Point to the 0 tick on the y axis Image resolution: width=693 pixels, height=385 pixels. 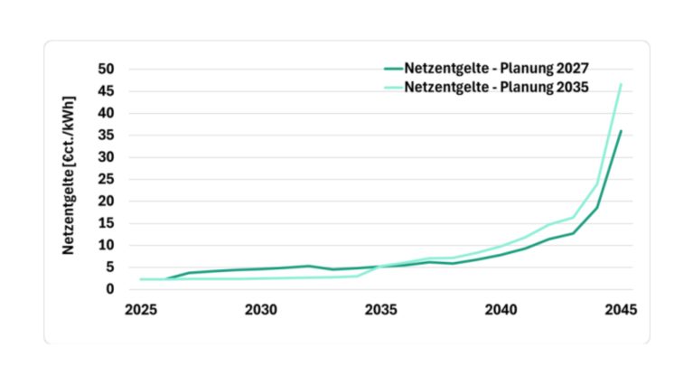pyautogui.click(x=109, y=289)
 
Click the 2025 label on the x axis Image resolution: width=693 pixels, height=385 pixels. pyautogui.click(x=140, y=309)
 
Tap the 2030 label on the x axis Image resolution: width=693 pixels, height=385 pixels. pyautogui.click(x=260, y=309)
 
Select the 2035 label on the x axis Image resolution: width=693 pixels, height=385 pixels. pyautogui.click(x=380, y=309)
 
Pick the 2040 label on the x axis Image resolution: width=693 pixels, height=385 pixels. pyautogui.click(x=501, y=309)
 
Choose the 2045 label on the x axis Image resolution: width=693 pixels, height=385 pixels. pyautogui.click(x=621, y=309)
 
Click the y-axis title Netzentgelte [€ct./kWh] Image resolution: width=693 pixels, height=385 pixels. pyautogui.click(x=69, y=174)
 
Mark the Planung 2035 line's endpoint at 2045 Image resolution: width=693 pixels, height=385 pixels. pyautogui.click(x=621, y=84)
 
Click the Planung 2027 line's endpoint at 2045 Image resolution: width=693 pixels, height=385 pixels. pyautogui.click(x=621, y=131)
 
